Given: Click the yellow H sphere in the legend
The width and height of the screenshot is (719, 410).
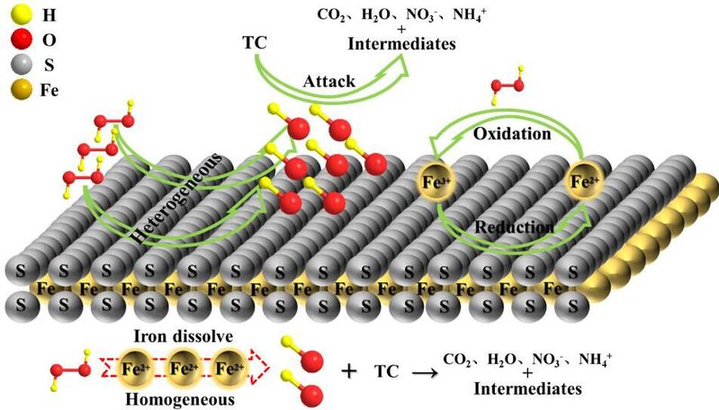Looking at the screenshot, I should (13, 15).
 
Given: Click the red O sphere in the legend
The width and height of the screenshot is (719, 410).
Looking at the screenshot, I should (13, 40).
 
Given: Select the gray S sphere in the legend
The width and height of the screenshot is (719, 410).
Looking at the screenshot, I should (13, 66).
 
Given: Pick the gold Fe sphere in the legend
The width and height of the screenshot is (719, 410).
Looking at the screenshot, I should (13, 90).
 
